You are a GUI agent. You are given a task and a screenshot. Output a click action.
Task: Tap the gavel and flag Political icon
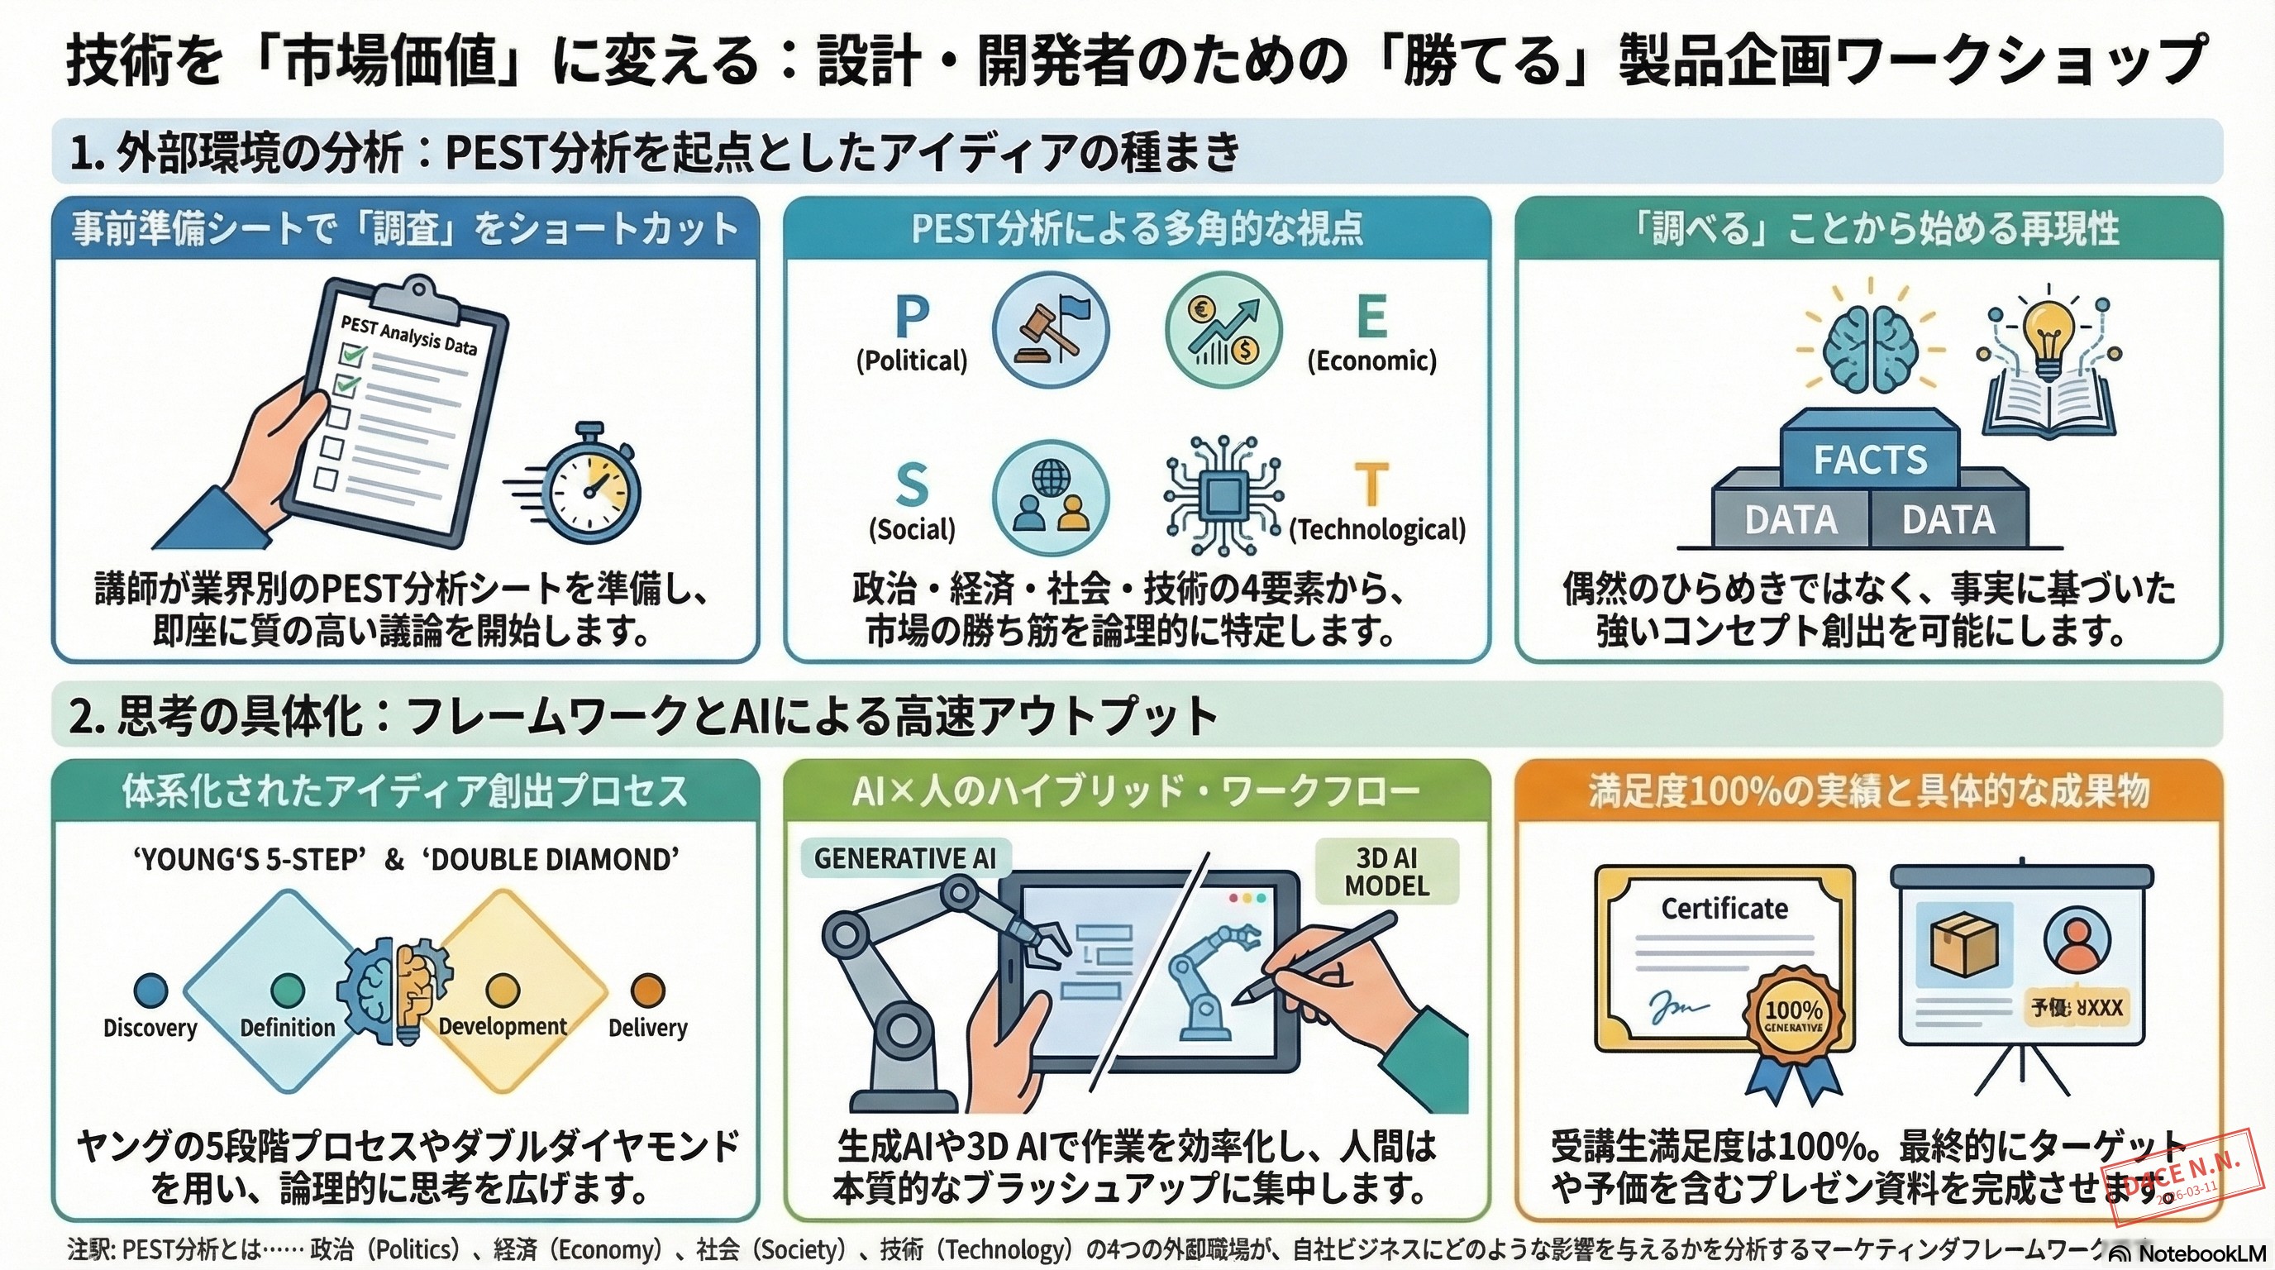click(1050, 329)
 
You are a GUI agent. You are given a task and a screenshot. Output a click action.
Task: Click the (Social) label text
click(912, 530)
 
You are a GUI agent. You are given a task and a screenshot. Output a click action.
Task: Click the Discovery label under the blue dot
click(150, 1028)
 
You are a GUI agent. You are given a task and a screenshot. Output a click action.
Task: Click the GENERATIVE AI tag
click(904, 858)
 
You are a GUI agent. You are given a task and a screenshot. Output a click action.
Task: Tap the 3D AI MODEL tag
click(1386, 871)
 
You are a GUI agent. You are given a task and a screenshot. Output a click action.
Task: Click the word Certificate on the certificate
click(1724, 909)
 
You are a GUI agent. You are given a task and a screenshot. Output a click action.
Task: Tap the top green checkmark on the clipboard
click(352, 355)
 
